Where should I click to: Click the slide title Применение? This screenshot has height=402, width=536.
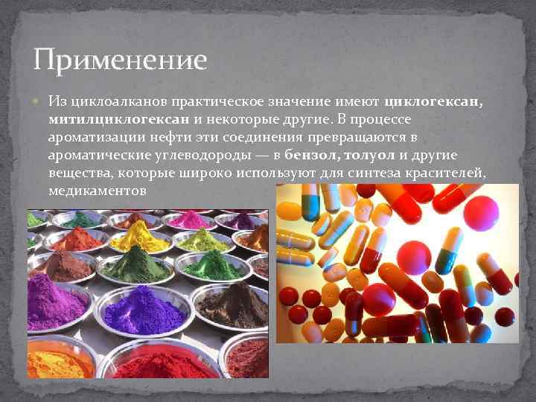(x=119, y=60)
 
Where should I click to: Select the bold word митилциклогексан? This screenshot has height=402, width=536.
(x=119, y=119)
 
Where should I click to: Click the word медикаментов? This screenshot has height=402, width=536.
(x=96, y=191)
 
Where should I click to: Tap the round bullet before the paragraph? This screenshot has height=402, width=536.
(x=37, y=100)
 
